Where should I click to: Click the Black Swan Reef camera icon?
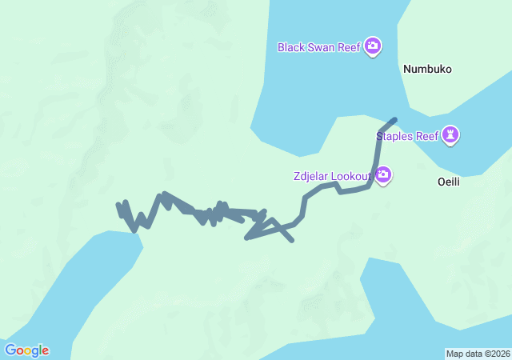coord(372,46)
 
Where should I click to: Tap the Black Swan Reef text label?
coord(319,47)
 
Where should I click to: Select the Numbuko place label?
coord(427,69)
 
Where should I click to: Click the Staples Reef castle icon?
coord(452,134)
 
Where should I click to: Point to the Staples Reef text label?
coord(408,136)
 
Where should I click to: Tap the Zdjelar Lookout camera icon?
coord(383,174)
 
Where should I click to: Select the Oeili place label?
coord(449,182)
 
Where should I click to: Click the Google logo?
coord(26,350)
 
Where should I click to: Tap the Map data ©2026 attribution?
coord(478,354)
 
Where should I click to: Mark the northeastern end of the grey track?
coord(394,120)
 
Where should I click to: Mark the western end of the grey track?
coord(118,205)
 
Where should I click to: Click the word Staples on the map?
coord(395,136)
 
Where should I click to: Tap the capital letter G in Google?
coord(10,350)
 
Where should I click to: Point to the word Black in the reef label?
coord(291,47)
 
